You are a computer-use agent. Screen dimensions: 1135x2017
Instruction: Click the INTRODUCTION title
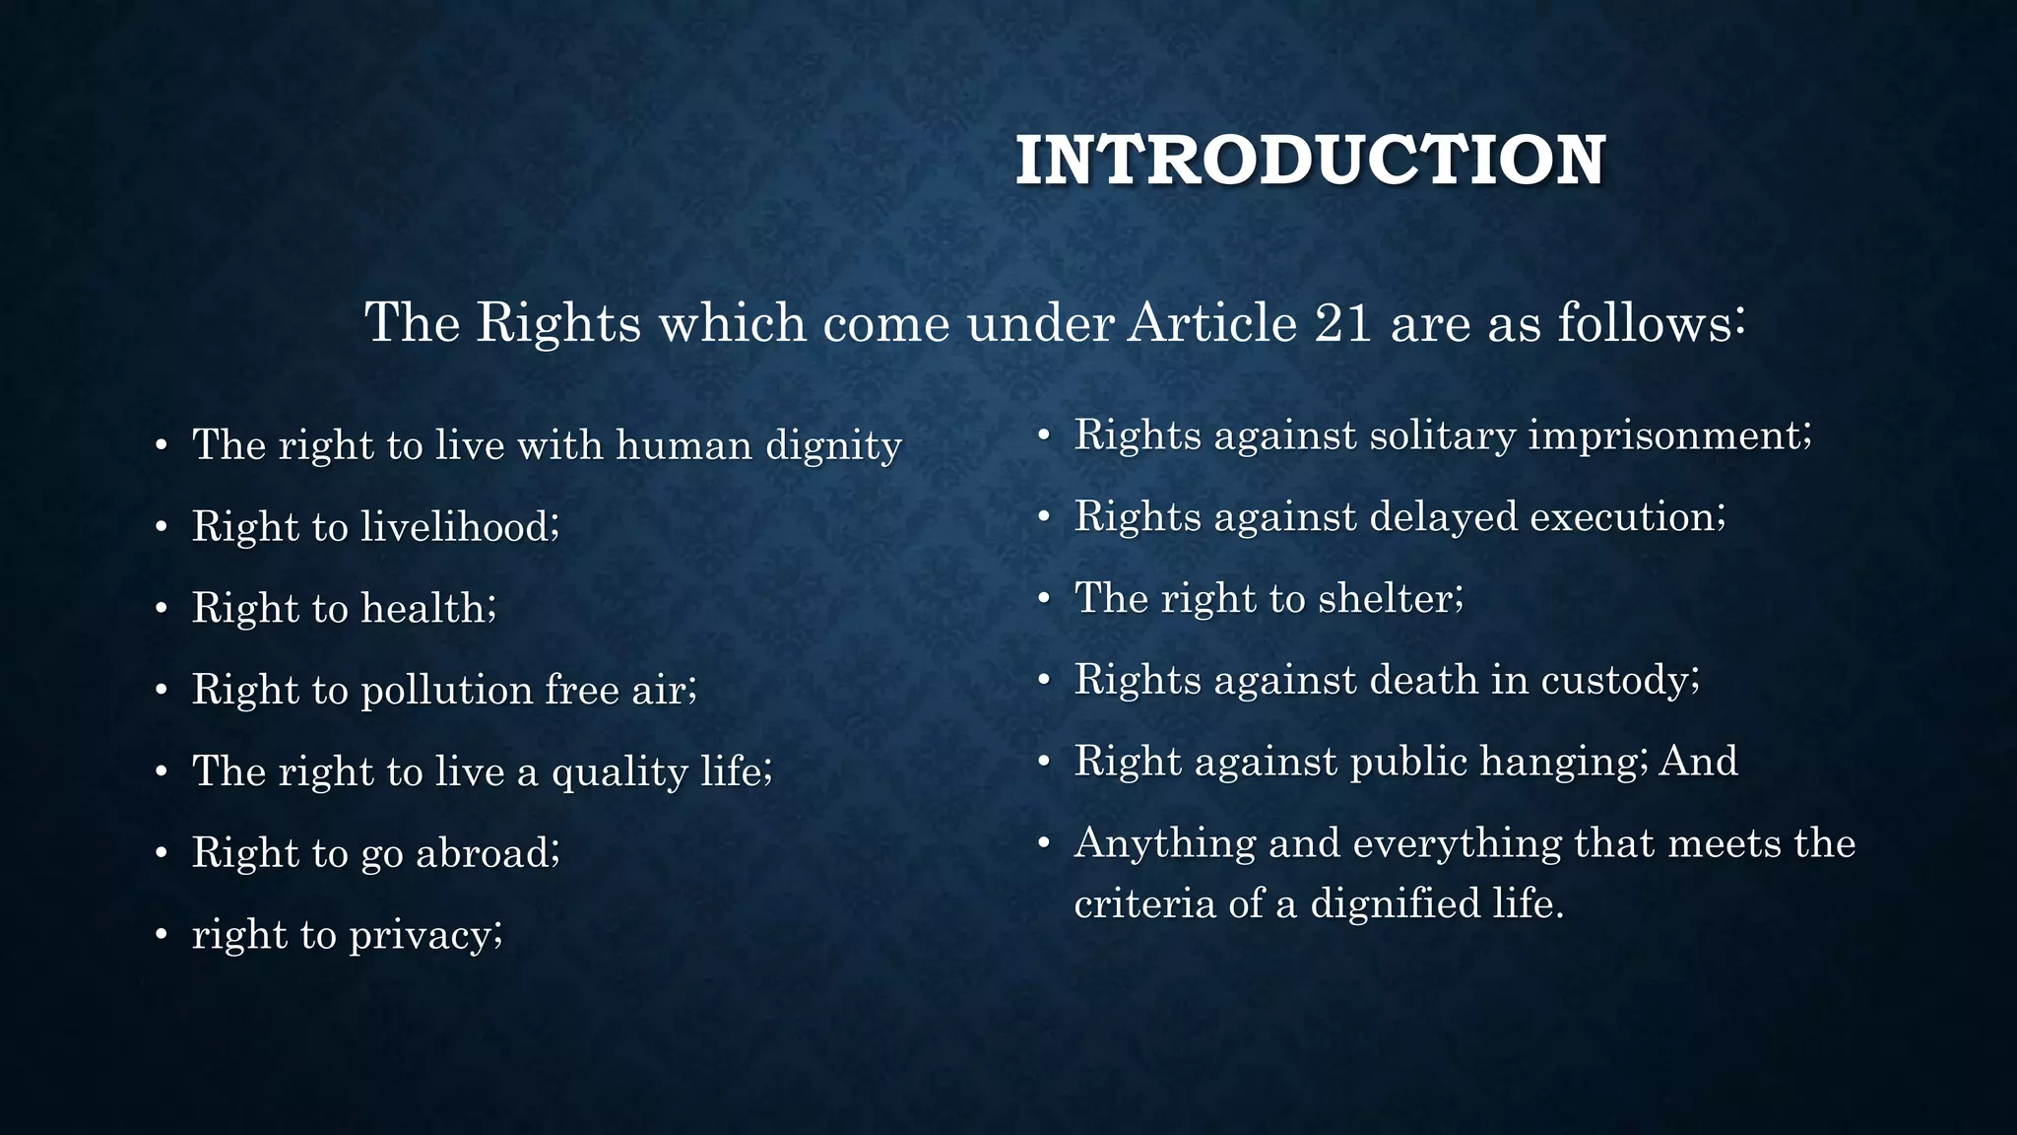coord(1310,161)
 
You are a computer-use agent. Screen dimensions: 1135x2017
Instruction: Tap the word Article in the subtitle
coord(1212,322)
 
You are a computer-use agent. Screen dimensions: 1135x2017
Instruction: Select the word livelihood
coord(457,526)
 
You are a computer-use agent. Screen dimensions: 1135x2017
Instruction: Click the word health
coord(425,608)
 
